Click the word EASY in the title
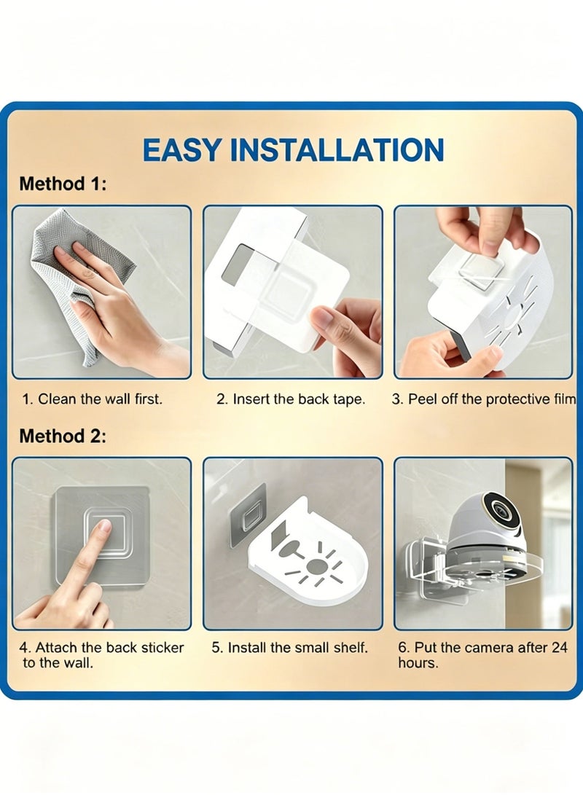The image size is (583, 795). (182, 150)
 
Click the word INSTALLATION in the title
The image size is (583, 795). (337, 150)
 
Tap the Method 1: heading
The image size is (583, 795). (63, 184)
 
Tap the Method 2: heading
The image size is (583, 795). (63, 436)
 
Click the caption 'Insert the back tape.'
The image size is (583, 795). (299, 399)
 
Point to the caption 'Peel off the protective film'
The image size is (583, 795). (491, 399)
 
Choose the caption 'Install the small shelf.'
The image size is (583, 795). (297, 648)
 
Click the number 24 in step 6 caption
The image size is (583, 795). (559, 648)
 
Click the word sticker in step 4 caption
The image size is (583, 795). (163, 648)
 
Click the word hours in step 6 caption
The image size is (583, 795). (418, 663)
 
